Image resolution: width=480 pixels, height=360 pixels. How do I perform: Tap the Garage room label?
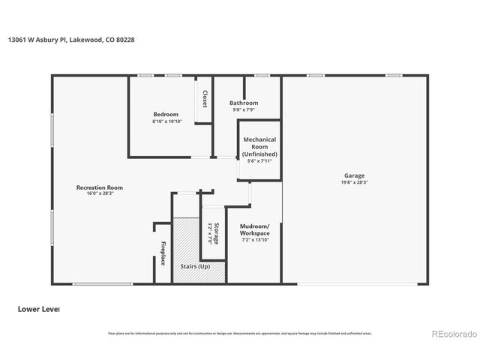click(x=355, y=175)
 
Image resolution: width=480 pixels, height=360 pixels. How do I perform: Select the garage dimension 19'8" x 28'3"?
click(x=355, y=182)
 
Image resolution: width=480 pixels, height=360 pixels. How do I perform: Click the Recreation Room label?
click(x=99, y=187)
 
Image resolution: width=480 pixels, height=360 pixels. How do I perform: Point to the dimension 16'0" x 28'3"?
click(x=99, y=193)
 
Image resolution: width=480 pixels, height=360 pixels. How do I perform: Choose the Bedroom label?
click(x=166, y=114)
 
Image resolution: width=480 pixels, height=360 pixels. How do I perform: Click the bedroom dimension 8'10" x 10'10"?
click(x=166, y=121)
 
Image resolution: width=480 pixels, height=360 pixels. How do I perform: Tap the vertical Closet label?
click(x=205, y=99)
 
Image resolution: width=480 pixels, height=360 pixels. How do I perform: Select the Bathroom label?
click(x=244, y=103)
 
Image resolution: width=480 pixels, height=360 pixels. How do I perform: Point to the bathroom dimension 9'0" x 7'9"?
click(x=244, y=109)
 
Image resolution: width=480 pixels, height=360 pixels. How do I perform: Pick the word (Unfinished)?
click(x=259, y=154)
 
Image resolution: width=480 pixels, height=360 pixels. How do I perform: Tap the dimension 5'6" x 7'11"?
click(x=259, y=160)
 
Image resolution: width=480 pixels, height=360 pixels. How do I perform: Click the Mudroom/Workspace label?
click(x=255, y=229)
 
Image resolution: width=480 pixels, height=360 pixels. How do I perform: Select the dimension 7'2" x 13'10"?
click(x=255, y=240)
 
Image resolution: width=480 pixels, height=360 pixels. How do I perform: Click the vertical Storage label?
click(x=217, y=233)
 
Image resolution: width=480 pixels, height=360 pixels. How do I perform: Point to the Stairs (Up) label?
click(x=196, y=266)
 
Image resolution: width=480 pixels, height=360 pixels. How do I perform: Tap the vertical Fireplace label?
click(x=163, y=253)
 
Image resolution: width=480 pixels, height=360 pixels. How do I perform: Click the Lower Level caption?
click(x=37, y=308)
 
